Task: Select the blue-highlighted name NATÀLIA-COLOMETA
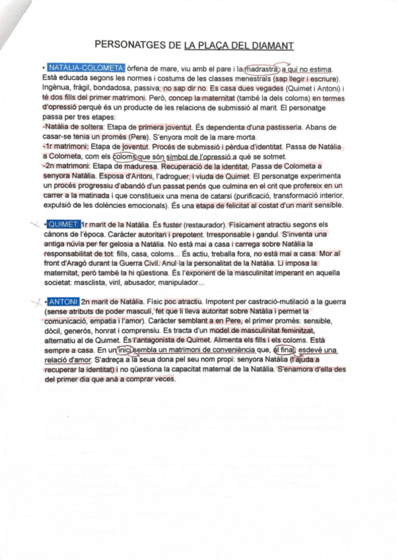click(x=85, y=68)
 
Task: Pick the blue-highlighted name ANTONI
click(x=64, y=302)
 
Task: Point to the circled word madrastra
click(x=262, y=68)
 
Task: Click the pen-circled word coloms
click(x=123, y=157)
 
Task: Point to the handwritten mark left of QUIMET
click(x=35, y=227)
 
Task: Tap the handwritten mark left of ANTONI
click(x=37, y=302)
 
